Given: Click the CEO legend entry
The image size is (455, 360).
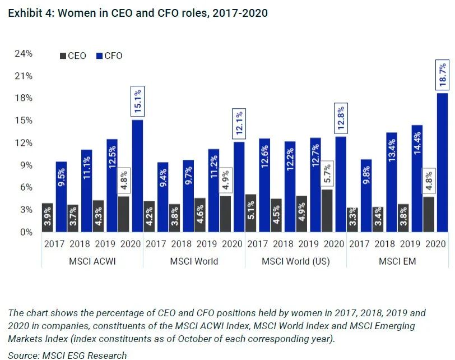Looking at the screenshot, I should point(72,56).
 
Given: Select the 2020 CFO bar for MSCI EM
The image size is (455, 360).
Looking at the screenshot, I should point(442,163).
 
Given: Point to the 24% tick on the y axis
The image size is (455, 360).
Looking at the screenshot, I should point(24,54).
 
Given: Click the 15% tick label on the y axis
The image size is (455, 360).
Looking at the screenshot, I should point(24,121).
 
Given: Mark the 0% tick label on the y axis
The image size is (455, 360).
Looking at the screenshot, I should point(26,232).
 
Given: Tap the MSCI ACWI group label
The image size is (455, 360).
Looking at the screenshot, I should point(92,261).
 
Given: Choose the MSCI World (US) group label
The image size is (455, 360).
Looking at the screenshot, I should point(295,261).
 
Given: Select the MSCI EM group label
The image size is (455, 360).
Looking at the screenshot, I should point(397,261).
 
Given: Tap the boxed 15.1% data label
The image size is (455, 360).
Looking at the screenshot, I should point(137,101).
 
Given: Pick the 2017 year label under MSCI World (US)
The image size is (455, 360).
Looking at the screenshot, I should point(257,244).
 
